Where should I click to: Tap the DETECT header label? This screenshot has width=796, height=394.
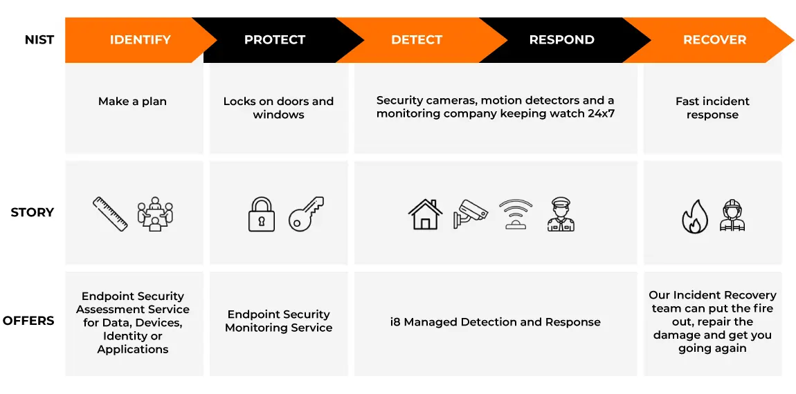click(x=417, y=40)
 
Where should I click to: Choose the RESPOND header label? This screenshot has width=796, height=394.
click(x=561, y=40)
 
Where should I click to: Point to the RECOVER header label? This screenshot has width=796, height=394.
click(x=715, y=40)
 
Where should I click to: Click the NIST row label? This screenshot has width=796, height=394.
click(x=39, y=40)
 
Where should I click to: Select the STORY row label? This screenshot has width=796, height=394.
click(x=32, y=212)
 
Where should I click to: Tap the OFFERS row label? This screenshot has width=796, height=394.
click(x=28, y=321)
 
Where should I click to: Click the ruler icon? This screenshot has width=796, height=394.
click(x=110, y=214)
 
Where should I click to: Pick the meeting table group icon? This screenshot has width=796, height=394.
click(x=155, y=214)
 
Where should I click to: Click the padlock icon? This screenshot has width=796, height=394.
click(x=262, y=214)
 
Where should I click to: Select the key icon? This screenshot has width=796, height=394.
click(x=306, y=214)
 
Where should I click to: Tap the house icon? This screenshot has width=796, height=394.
click(x=426, y=214)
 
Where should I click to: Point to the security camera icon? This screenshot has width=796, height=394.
click(x=470, y=214)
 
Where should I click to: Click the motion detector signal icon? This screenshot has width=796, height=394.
click(x=515, y=214)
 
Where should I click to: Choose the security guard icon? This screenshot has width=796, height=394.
click(x=561, y=214)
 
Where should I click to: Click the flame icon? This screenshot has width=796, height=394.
click(x=694, y=216)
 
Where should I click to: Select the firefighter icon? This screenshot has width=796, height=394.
click(x=732, y=215)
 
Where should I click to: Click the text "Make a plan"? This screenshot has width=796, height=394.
click(x=132, y=102)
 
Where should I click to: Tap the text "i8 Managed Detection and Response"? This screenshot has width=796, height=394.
click(x=496, y=322)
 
